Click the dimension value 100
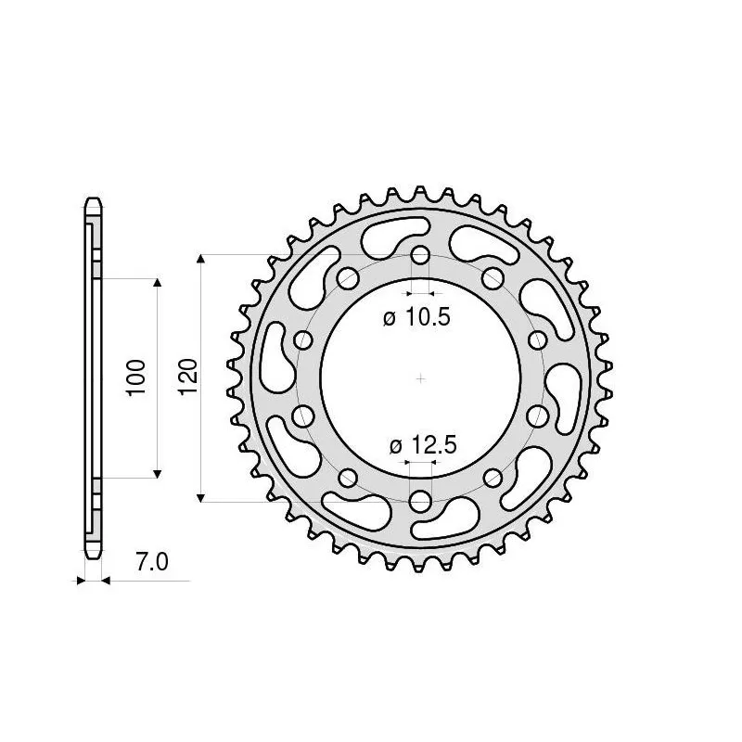[137, 377]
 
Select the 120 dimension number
[187, 377]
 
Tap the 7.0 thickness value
[151, 562]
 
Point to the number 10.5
[429, 318]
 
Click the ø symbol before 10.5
[389, 318]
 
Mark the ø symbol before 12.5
[395, 446]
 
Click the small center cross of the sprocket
[420, 378]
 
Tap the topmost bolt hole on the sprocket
[420, 255]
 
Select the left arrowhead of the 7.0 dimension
[81, 582]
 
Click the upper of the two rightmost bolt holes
[538, 340]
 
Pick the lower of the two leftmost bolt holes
[302, 416]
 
